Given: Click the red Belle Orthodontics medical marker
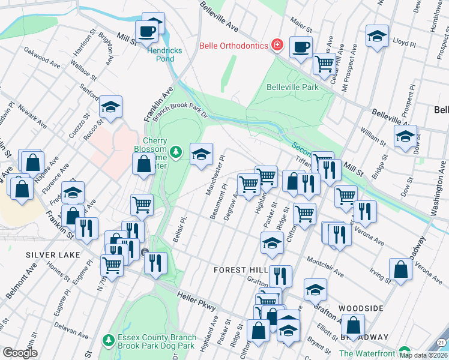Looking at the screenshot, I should tap(277, 44).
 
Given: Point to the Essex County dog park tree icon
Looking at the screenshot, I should tap(109, 340).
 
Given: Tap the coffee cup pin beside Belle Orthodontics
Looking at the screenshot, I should tap(301, 46).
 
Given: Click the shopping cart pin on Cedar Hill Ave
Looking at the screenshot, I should tap(325, 62).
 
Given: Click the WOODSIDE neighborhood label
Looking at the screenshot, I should tap(360, 308).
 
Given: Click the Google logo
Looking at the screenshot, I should tap(20, 353).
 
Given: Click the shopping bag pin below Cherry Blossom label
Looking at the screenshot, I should tap(144, 163).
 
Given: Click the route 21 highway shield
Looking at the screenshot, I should tap(442, 342).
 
